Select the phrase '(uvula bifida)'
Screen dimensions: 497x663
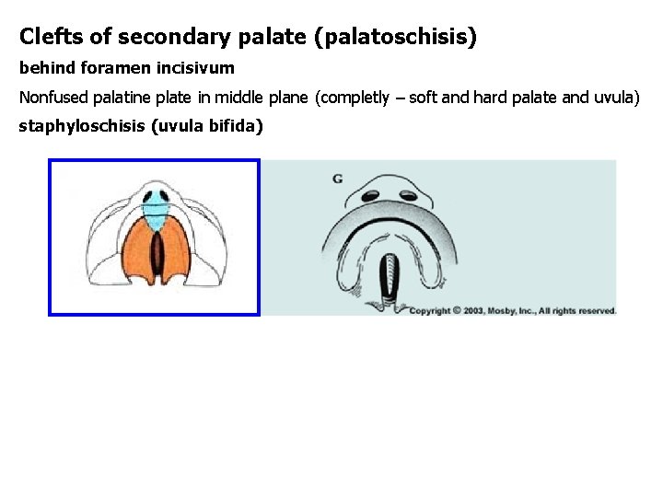click(204, 126)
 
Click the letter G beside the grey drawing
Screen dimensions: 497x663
click(338, 178)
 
